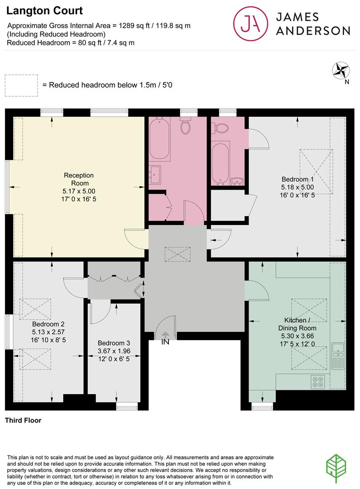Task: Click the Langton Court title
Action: (x=44, y=11)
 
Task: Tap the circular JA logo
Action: (x=250, y=24)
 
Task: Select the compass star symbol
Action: (x=341, y=71)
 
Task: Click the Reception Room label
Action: (x=79, y=179)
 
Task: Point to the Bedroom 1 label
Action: (x=298, y=179)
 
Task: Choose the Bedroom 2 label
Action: (x=48, y=324)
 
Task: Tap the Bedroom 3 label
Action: (x=114, y=343)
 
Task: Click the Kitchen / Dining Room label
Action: (x=297, y=324)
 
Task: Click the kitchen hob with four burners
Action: (x=317, y=382)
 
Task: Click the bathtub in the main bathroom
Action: (x=159, y=139)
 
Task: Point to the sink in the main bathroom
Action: (x=155, y=175)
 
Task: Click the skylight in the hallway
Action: (x=178, y=254)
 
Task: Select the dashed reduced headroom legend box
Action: (x=21, y=86)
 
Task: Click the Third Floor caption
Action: (x=23, y=420)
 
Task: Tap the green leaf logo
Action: (x=336, y=469)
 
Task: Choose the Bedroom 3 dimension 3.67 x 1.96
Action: (x=114, y=351)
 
